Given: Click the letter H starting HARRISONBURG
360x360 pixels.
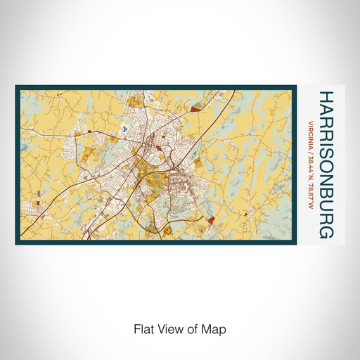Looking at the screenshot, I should (326, 95).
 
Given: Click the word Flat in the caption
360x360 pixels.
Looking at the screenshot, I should (143, 328).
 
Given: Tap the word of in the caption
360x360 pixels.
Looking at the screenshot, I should (195, 328).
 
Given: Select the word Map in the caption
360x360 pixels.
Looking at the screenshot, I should (216, 328).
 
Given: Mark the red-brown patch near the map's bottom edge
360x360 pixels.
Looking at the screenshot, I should (211, 220).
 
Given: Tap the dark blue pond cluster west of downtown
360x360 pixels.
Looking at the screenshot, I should (125, 129).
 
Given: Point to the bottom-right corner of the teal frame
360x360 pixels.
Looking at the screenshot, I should (295, 243).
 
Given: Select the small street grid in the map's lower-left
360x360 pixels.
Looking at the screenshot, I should (30, 207).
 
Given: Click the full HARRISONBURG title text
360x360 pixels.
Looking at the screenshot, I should (326, 163).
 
